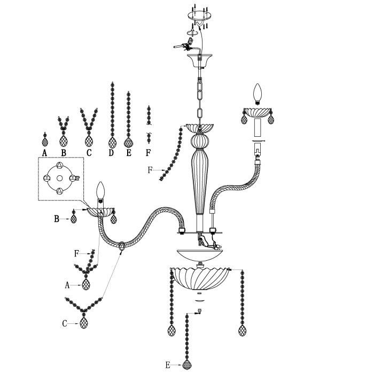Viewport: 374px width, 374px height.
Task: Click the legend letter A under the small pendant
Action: tap(44, 153)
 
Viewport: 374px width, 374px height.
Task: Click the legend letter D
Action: tap(111, 153)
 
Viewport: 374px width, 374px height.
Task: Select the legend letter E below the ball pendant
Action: tap(129, 153)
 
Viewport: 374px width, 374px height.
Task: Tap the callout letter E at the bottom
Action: tap(168, 365)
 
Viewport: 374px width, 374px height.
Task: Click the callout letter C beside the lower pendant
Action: tap(65, 324)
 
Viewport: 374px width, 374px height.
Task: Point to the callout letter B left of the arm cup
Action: tap(57, 219)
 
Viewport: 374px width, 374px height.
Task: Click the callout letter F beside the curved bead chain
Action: tap(150, 170)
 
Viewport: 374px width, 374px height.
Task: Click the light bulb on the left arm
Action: tap(100, 190)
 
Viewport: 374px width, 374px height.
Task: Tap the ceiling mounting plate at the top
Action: tap(199, 15)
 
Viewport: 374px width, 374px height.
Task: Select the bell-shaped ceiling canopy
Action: tap(200, 60)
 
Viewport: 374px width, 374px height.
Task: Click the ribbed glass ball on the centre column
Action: tap(200, 141)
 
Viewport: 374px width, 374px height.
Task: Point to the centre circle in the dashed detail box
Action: tap(60, 178)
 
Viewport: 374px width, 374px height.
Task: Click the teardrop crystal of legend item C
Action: tap(89, 141)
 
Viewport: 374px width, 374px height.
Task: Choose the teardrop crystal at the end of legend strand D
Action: tap(112, 143)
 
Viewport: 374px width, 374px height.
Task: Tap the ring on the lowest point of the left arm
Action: tap(122, 246)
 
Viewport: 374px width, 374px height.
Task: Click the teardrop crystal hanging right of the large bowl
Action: tap(242, 330)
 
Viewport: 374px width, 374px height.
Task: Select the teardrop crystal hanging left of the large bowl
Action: tap(172, 330)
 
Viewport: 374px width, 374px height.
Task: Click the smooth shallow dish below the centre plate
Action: tap(200, 255)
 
